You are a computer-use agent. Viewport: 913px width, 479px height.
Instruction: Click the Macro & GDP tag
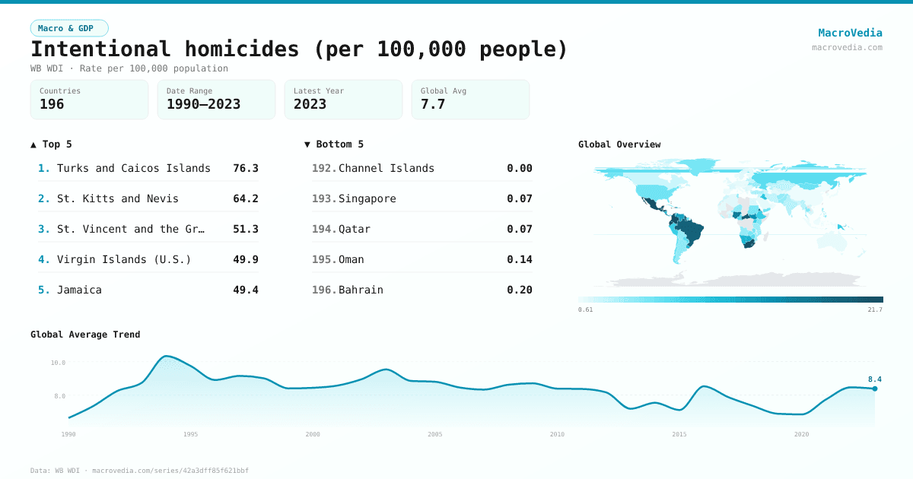pyautogui.click(x=69, y=28)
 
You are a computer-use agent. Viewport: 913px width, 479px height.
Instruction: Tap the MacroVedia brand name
pyautogui.click(x=850, y=33)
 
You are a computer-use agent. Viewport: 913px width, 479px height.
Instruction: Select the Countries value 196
pyautogui.click(x=52, y=104)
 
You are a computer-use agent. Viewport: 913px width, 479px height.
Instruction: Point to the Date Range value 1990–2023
pyautogui.click(x=203, y=104)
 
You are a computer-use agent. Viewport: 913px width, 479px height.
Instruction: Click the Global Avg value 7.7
pyautogui.click(x=433, y=104)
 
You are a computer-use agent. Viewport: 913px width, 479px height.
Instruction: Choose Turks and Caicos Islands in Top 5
pyautogui.click(x=133, y=168)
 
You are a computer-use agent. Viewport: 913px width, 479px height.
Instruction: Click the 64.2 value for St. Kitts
pyautogui.click(x=246, y=198)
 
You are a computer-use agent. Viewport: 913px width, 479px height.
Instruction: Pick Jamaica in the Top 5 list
pyautogui.click(x=79, y=290)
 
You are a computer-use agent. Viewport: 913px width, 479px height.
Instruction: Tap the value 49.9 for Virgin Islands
pyautogui.click(x=246, y=259)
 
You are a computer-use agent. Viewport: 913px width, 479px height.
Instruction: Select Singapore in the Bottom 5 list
pyautogui.click(x=367, y=198)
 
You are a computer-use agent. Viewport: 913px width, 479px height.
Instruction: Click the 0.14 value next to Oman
pyautogui.click(x=520, y=259)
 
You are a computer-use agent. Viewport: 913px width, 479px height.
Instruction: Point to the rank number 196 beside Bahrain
pyautogui.click(x=323, y=290)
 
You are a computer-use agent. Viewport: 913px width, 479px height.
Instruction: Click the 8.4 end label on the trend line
pyautogui.click(x=874, y=379)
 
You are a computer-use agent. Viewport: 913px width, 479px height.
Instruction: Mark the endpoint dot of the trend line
pyautogui.click(x=875, y=389)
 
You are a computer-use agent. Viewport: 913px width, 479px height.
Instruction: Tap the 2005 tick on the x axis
pyautogui.click(x=435, y=434)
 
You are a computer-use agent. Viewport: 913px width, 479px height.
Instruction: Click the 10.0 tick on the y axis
pyautogui.click(x=59, y=363)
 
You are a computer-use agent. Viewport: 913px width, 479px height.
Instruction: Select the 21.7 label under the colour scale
pyautogui.click(x=875, y=309)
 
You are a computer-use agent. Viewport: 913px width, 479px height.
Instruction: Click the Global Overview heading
pyautogui.click(x=619, y=144)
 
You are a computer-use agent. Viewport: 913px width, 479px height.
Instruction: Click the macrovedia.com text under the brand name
pyautogui.click(x=847, y=47)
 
